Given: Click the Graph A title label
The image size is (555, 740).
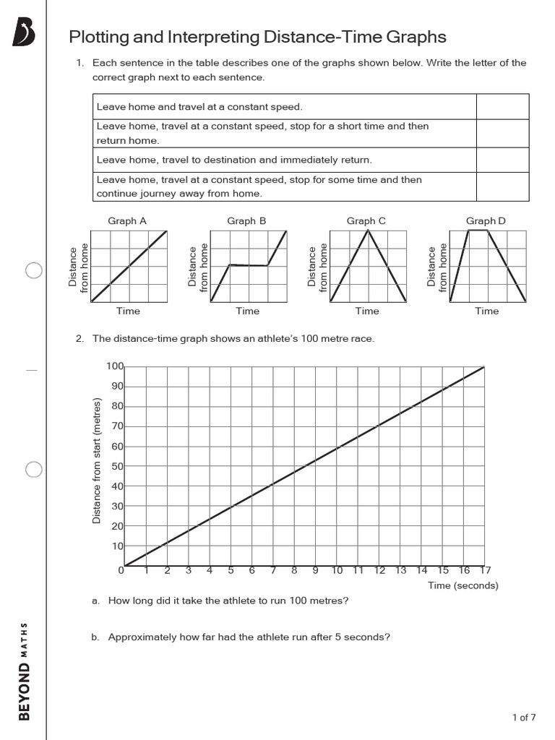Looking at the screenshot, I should (127, 220).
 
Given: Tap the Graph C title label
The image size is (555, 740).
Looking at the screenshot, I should (366, 220).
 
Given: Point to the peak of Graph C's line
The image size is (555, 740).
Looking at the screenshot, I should (369, 231).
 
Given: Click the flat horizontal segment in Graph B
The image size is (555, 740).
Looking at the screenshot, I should (249, 265).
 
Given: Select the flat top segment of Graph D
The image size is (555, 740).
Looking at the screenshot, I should (478, 231).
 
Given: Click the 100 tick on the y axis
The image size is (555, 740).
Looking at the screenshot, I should (115, 366).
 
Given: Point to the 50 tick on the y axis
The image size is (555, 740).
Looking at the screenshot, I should (116, 466).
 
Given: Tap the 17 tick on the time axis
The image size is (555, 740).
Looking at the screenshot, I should (485, 571).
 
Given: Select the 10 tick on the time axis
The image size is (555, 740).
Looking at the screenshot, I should (337, 571).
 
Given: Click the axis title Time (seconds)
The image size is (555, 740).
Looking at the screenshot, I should (463, 585).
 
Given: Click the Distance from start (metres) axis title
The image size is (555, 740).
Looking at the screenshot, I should (96, 461).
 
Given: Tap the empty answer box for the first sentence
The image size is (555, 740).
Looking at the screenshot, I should (502, 107).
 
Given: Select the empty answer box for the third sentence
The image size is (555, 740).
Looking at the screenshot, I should (502, 160).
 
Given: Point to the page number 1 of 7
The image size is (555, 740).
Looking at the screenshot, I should (524, 718).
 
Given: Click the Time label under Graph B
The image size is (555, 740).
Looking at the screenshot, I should (247, 311).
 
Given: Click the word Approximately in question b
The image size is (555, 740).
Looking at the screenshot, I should (142, 637).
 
